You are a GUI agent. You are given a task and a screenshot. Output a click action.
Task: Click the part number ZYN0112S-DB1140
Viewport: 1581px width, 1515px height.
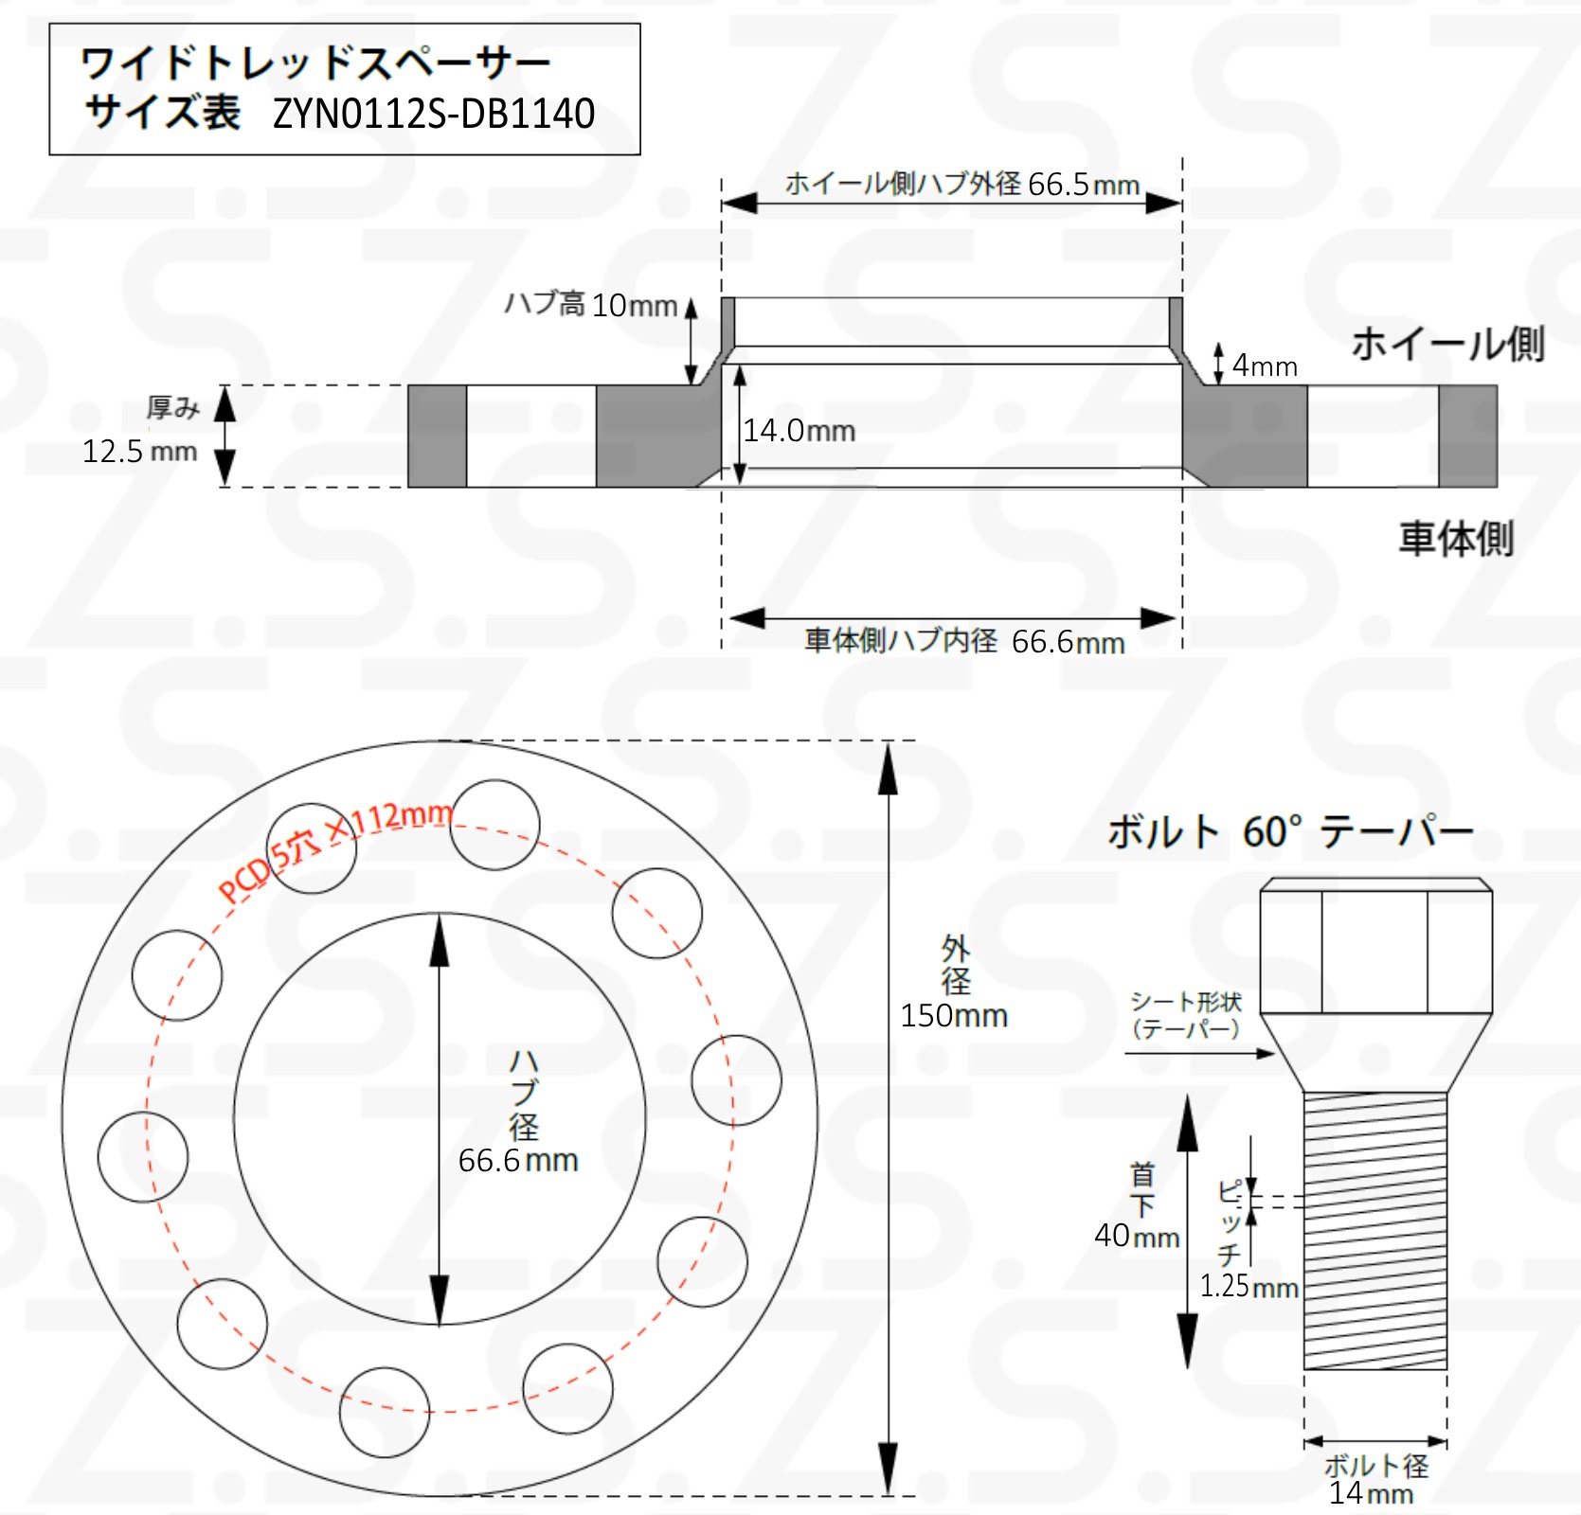coord(434,115)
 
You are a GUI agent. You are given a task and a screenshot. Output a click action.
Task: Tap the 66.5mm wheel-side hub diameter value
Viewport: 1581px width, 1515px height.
coord(1083,184)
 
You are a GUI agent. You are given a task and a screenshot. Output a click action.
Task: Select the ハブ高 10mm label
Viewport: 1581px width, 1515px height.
coord(590,305)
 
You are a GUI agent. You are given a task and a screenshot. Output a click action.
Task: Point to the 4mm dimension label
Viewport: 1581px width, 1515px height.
coord(1264,365)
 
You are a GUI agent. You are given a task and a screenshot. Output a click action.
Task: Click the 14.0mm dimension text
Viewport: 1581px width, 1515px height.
coord(799,431)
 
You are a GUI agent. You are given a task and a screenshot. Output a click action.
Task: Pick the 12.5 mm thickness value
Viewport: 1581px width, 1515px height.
coord(139,451)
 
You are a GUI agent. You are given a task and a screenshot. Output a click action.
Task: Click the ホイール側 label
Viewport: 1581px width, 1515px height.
coord(1446,344)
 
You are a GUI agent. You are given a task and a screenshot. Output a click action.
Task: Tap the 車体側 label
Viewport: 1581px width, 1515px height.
coord(1455,538)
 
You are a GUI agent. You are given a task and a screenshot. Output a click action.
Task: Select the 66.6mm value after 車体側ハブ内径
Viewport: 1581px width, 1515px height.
coord(1068,642)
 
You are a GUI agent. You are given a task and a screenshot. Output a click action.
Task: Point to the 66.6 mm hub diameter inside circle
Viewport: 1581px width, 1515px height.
coord(517,1160)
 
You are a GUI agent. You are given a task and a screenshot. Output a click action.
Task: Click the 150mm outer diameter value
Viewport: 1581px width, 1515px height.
coord(953,1015)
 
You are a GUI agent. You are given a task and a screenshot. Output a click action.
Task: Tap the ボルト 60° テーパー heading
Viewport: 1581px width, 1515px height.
coord(1290,831)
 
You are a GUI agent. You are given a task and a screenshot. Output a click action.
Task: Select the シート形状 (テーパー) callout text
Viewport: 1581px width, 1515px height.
coord(1185,1015)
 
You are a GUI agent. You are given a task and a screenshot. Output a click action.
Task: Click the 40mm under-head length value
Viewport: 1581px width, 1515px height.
coord(1136,1235)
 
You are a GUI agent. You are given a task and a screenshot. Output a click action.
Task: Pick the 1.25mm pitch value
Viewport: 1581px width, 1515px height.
coord(1248,1286)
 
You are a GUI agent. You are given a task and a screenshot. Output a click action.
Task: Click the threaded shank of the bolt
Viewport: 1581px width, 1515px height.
coord(1374,1231)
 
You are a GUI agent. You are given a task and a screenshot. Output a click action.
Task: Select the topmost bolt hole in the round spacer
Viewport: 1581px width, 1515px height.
coord(494,825)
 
